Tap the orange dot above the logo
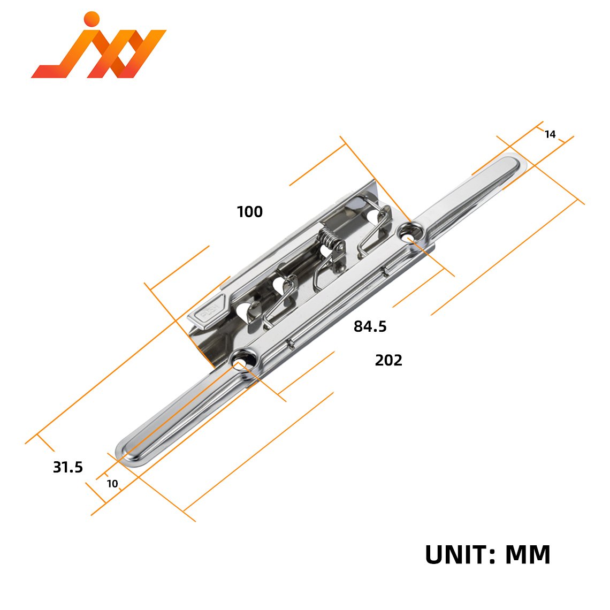point(92,19)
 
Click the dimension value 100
point(250,212)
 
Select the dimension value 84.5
point(370,326)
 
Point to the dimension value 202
point(388,360)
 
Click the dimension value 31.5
point(68,467)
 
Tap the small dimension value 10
point(112,484)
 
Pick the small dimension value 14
point(550,134)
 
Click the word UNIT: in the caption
point(460,554)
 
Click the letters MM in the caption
point(528,554)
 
